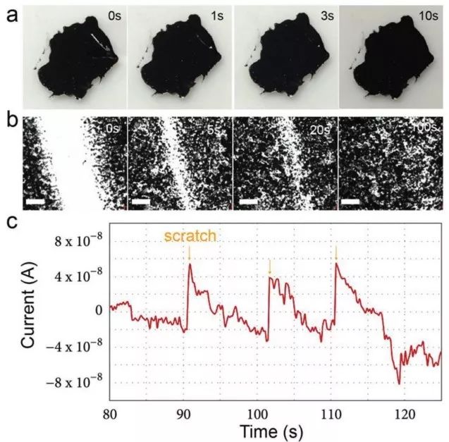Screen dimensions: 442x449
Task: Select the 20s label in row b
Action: [x=319, y=129]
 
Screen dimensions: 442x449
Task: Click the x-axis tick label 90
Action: [x=184, y=412]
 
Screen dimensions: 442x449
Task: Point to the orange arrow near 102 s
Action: [x=269, y=267]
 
